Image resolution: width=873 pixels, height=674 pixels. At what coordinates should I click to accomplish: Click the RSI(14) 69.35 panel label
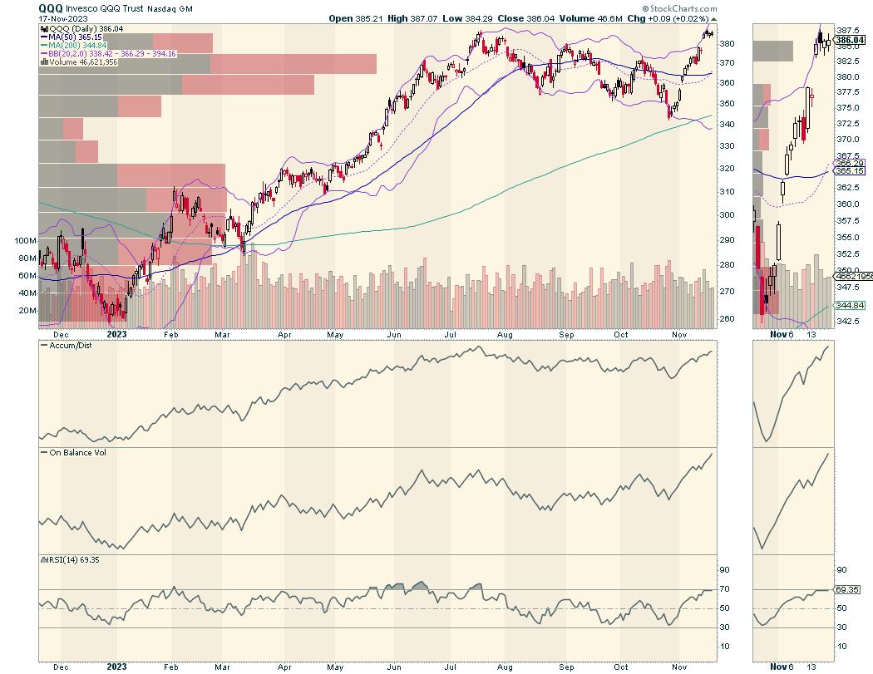[68, 559]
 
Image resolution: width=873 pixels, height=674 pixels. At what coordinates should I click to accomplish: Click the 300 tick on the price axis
[727, 214]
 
